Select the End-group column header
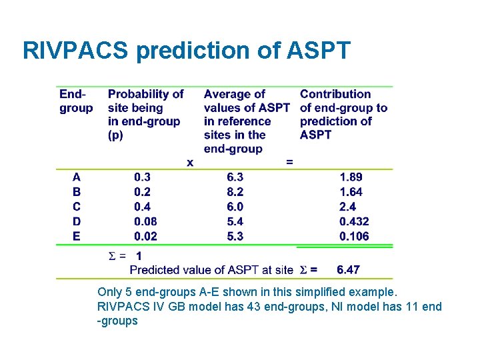pos(76,101)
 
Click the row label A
pos(77,177)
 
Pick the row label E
pos(77,236)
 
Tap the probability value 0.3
pos(142,177)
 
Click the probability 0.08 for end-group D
pos(145,221)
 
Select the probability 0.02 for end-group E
pos(145,236)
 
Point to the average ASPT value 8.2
pos(235,192)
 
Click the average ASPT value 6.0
pos(235,207)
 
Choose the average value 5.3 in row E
pos(235,236)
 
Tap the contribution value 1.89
pos(351,177)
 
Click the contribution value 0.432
pos(354,221)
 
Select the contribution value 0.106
pos(354,236)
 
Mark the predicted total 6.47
pos(348,270)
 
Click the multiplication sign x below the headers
pos(190,162)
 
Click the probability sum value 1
pos(139,256)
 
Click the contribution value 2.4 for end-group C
pos(347,207)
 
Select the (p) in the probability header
pos(116,135)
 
